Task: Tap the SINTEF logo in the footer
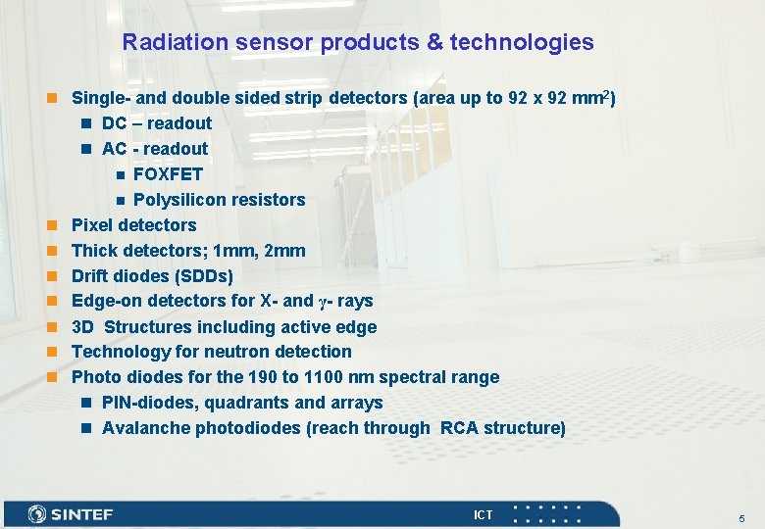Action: pyautogui.click(x=72, y=514)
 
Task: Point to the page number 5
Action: pyautogui.click(x=742, y=517)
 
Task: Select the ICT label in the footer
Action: pyautogui.click(x=484, y=514)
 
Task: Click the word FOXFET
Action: pyautogui.click(x=168, y=174)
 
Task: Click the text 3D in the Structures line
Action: pyautogui.click(x=83, y=327)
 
